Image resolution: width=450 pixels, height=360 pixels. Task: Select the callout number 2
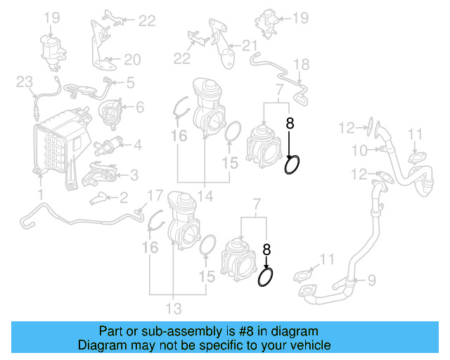click(x=123, y=198)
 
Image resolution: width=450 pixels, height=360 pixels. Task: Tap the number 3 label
click(x=134, y=174)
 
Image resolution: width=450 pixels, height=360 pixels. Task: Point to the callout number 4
click(x=137, y=146)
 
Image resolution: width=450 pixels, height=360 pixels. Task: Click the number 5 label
click(x=130, y=83)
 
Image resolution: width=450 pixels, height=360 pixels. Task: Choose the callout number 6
click(x=139, y=108)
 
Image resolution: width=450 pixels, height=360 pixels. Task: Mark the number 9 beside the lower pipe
click(x=371, y=281)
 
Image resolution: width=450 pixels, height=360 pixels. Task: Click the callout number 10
click(x=359, y=150)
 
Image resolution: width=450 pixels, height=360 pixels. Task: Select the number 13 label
click(x=174, y=308)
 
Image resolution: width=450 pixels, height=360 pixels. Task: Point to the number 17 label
click(x=155, y=195)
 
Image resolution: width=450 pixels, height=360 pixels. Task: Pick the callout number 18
click(x=301, y=65)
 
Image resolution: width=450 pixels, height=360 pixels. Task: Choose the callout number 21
click(x=250, y=46)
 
